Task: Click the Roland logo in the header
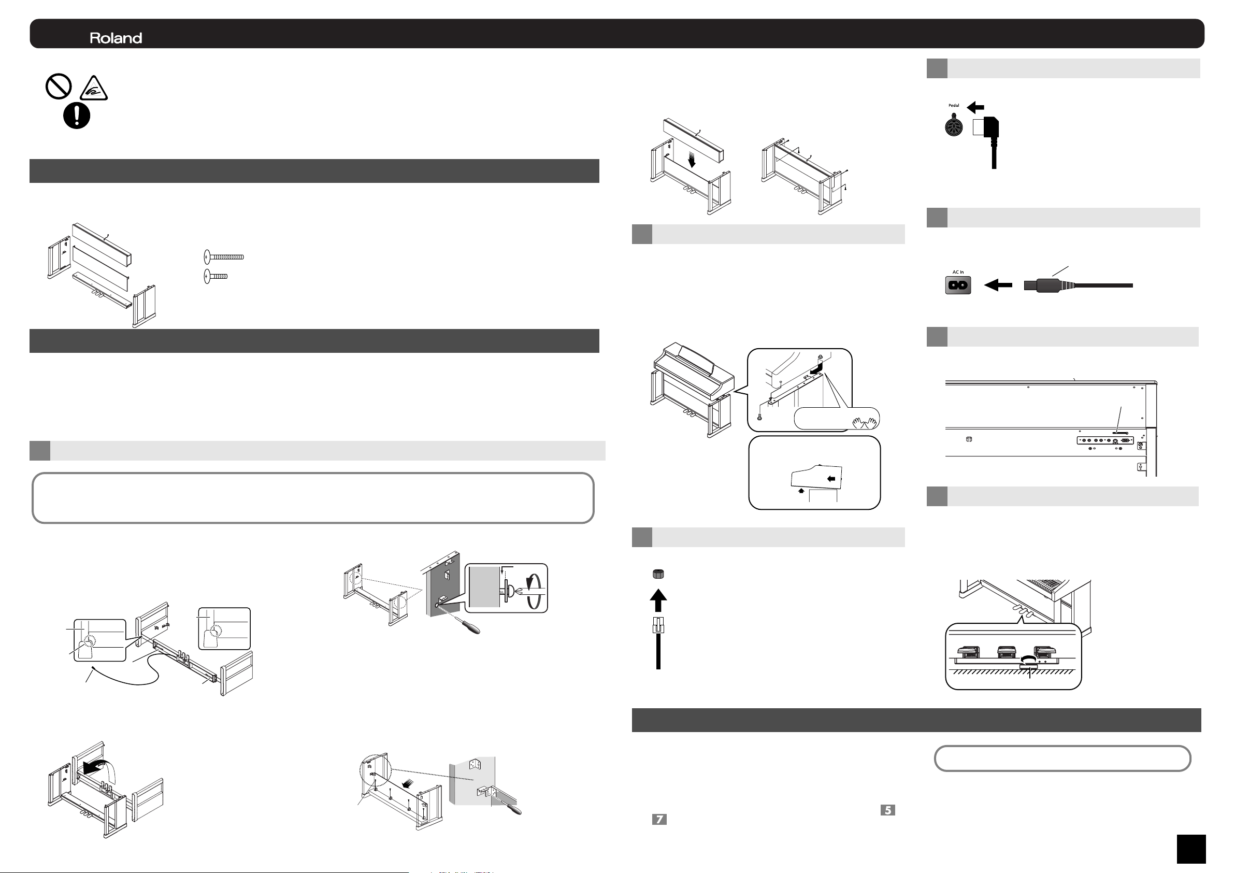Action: point(116,38)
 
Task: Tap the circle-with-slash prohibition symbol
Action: point(59,86)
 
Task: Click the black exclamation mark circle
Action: point(77,115)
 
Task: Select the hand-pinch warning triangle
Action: point(94,88)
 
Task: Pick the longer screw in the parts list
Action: point(224,256)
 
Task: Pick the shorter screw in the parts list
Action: point(216,276)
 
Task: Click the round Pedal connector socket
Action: point(954,126)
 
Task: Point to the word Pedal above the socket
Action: point(954,105)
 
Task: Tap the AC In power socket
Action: point(958,285)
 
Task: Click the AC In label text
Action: point(958,272)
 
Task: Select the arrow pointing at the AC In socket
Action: point(998,285)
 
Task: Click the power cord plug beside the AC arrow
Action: point(1049,285)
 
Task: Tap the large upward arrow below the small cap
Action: point(658,600)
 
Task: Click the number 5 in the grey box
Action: point(887,810)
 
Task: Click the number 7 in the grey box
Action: point(659,819)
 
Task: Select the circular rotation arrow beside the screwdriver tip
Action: point(534,591)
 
